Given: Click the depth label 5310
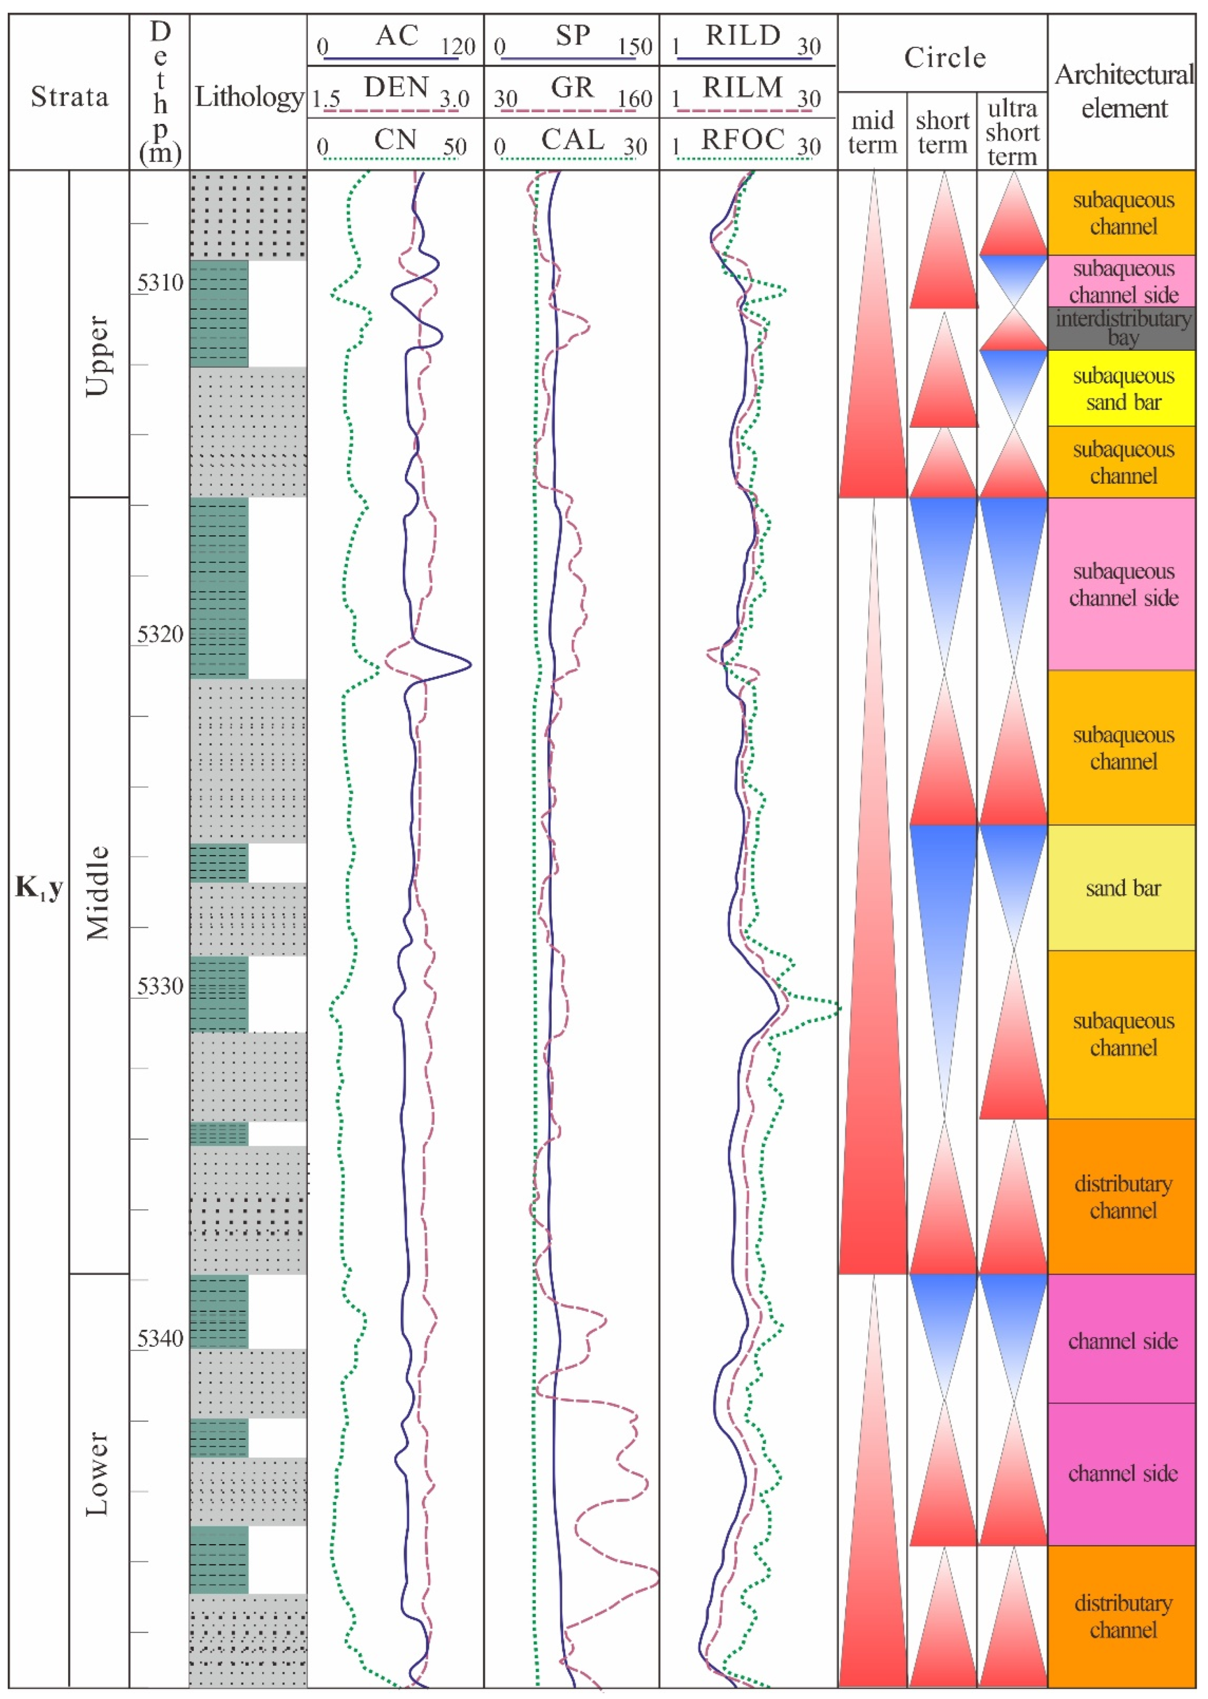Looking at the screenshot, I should click(x=160, y=283).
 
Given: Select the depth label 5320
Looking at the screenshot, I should click(x=160, y=634).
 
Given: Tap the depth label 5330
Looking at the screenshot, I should click(x=160, y=986).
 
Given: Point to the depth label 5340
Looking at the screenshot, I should click(x=160, y=1339).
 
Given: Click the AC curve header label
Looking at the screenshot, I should click(x=397, y=36).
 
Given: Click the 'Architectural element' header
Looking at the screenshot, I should click(x=1123, y=91).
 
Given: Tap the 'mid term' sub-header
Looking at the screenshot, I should click(x=873, y=133).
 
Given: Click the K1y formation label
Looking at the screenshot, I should click(x=39, y=888).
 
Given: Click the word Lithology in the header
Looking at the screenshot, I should click(x=249, y=97).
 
